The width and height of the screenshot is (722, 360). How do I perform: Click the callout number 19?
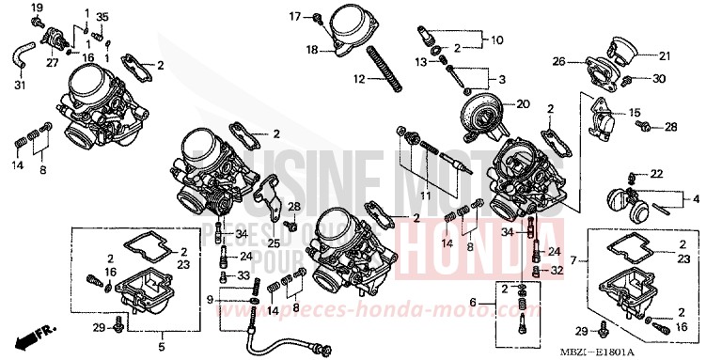pos(37,8)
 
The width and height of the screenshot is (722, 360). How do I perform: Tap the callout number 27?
pos(52,64)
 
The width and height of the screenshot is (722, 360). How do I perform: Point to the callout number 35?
pos(102,17)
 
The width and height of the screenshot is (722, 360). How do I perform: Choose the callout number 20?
pos(524,103)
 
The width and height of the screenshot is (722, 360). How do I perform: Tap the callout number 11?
pos(429,196)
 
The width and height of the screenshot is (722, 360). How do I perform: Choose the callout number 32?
pos(557,270)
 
